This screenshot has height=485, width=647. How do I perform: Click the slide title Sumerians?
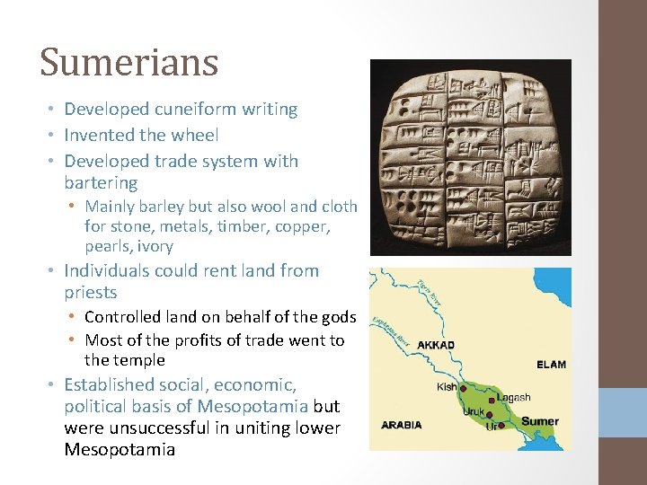pos(129,62)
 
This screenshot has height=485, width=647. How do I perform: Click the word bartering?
pos(101,183)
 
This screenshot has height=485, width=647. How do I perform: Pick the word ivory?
pos(154,246)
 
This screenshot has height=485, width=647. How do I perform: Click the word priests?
pos(91,293)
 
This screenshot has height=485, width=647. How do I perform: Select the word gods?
pos(338,317)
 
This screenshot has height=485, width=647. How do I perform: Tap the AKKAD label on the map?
pos(437,345)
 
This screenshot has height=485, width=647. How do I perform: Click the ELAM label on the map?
pos(551,364)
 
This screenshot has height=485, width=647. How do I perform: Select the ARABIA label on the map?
pos(403,425)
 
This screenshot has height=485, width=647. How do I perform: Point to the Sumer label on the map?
pos(539,421)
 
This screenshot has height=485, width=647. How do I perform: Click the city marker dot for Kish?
pos(463,389)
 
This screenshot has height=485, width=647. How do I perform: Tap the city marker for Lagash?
pos(492,401)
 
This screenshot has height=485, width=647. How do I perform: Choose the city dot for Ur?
pos(501,427)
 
